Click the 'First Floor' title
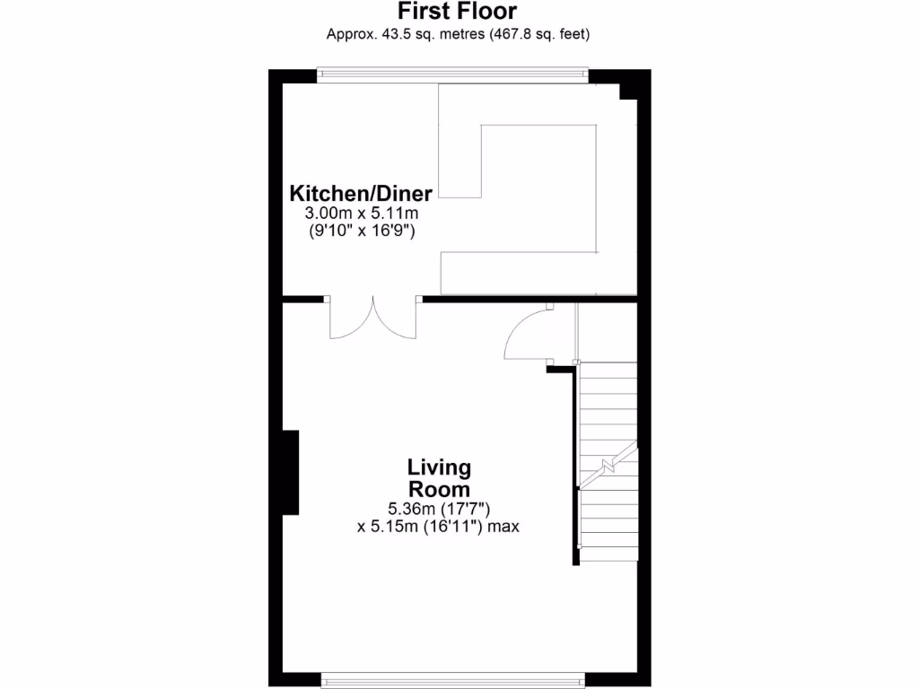pos(457,12)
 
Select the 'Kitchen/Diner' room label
pos(361,193)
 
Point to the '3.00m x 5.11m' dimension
pos(362,214)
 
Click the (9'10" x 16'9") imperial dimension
pos(362,231)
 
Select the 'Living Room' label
pos(439,478)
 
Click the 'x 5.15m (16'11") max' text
pos(438,527)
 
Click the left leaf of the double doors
pos(350,320)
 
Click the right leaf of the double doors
pos(395,320)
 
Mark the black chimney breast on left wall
pos(290,472)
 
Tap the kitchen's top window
pos(453,76)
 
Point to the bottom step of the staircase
pos(608,554)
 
